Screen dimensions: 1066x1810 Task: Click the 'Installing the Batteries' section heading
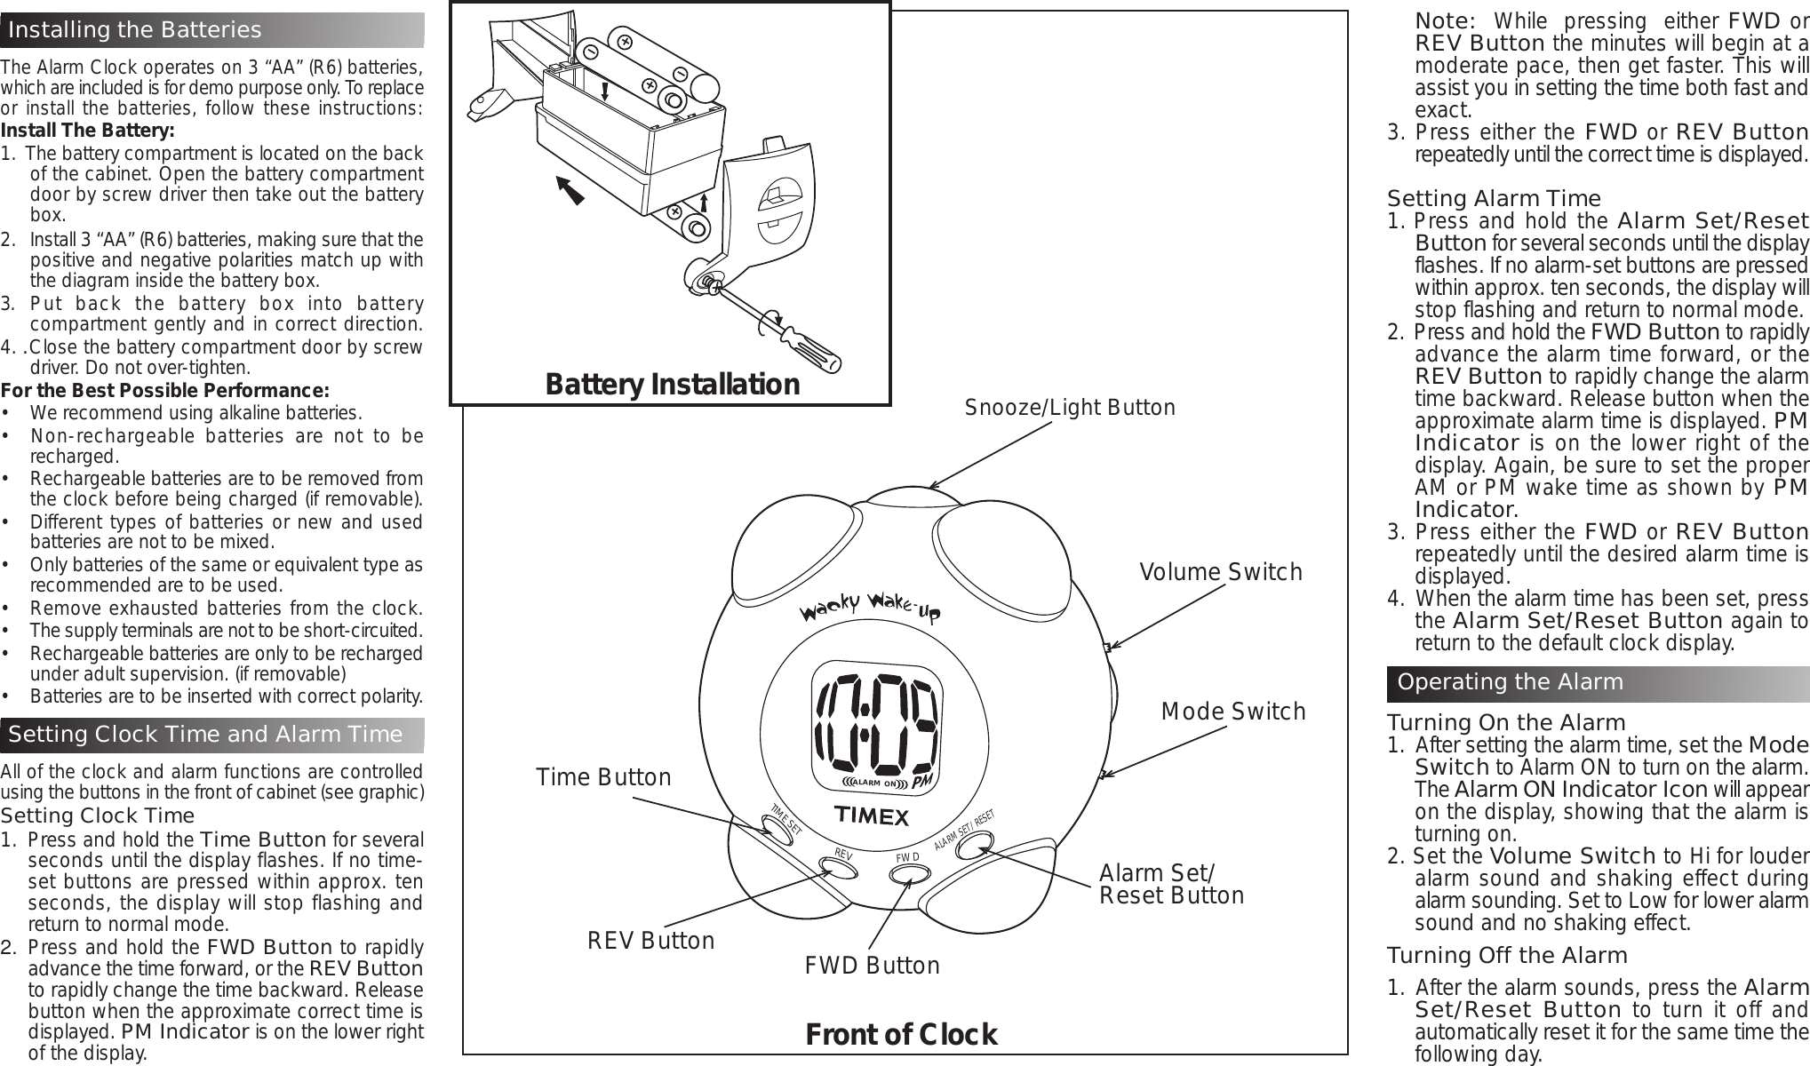point(135,30)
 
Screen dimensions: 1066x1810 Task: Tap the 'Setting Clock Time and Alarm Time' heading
point(206,734)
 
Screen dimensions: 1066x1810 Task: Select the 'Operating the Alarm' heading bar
point(1511,682)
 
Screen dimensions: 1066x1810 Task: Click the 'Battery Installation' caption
point(672,384)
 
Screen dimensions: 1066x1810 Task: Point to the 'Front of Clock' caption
point(901,1034)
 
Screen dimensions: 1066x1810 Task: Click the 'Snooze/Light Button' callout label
point(1070,408)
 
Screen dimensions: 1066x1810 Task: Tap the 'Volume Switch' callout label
point(1221,572)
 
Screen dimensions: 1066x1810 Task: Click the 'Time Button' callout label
point(604,777)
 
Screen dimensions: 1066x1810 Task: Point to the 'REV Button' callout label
point(650,941)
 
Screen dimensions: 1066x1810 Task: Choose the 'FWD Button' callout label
point(872,966)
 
